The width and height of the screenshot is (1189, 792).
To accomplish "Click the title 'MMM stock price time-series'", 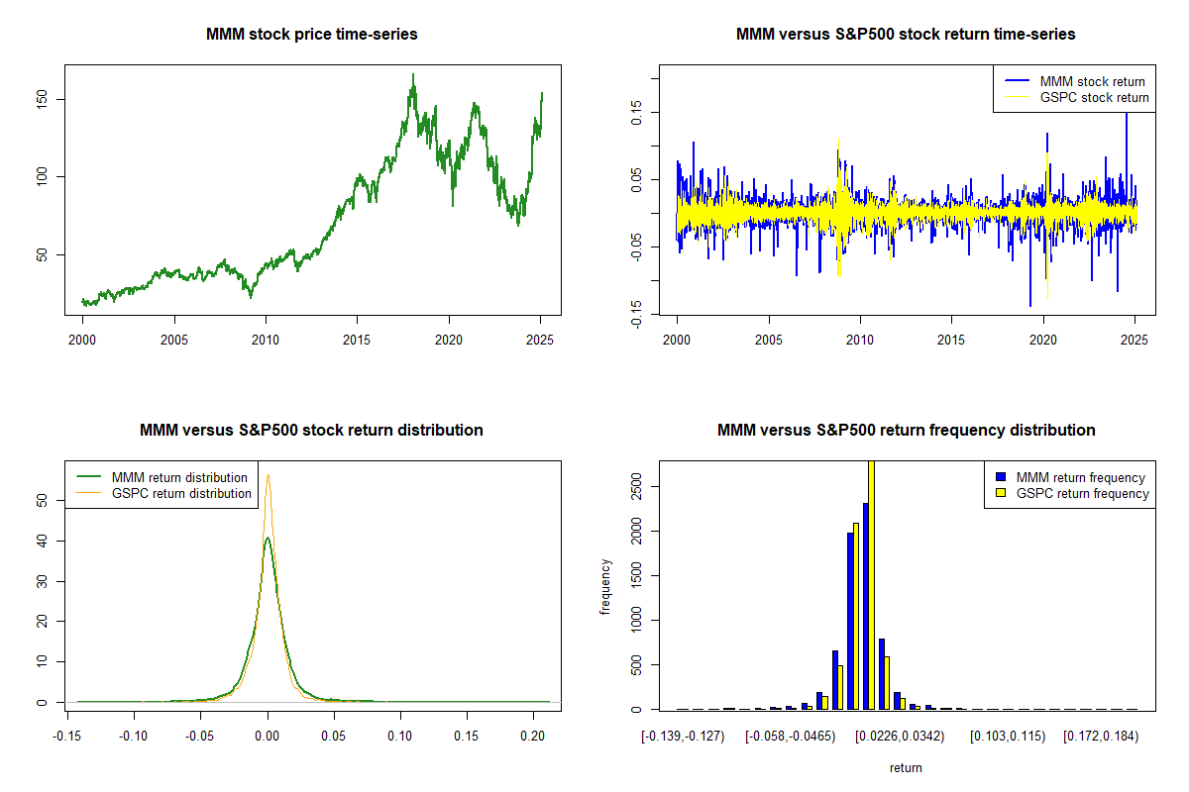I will click(312, 35).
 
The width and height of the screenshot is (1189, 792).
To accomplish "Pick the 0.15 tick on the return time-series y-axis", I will click(637, 112).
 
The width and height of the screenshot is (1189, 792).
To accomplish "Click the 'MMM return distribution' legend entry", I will click(179, 477).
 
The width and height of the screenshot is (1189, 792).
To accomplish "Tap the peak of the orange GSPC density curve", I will click(268, 475).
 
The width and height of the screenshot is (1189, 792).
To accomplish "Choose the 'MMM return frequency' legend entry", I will click(1080, 477).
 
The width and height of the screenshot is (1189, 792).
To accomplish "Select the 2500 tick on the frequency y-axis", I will click(637, 486).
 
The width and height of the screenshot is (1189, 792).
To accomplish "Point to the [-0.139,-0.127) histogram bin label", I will click(683, 737).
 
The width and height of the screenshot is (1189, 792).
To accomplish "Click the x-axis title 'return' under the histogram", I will click(906, 767).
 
